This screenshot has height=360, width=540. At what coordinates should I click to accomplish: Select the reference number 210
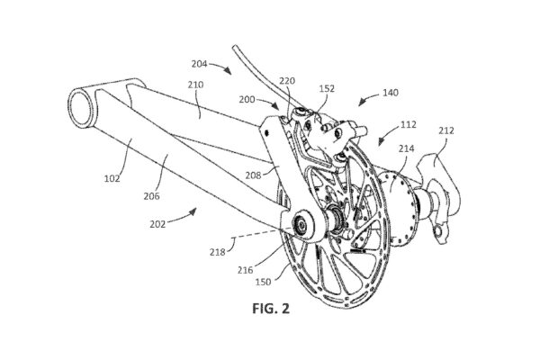click(x=196, y=85)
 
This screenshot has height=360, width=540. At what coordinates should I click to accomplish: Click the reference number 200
click(x=245, y=101)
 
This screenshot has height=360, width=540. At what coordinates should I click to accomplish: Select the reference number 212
click(x=447, y=130)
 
